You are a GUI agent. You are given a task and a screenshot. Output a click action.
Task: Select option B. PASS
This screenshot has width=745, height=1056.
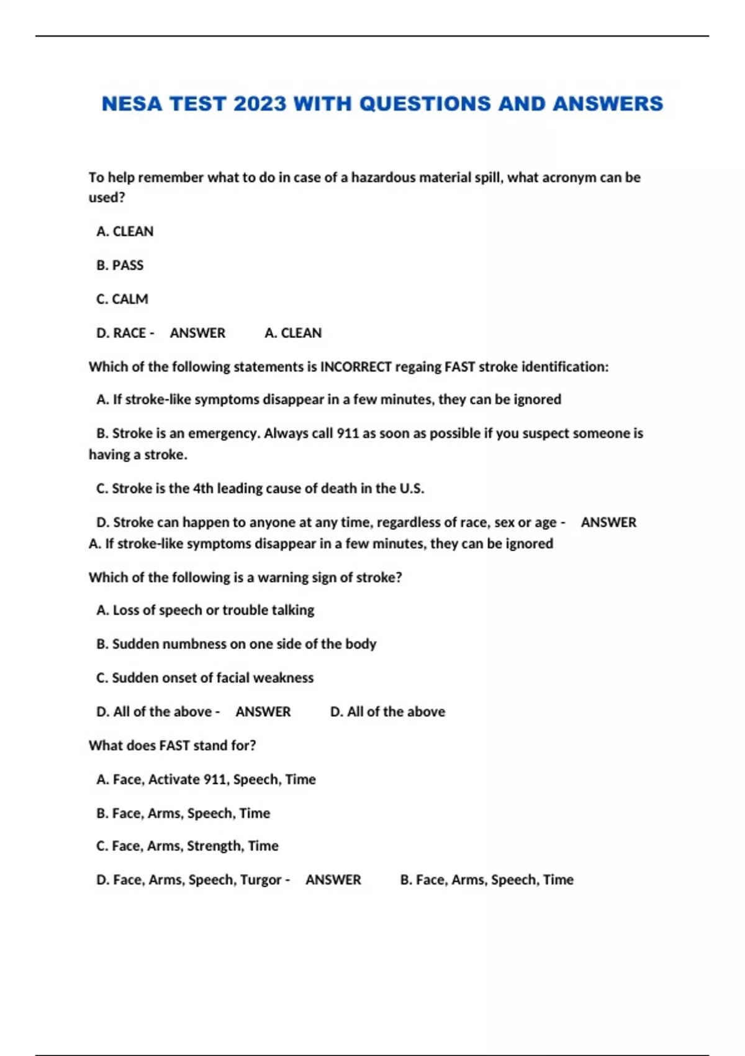click(x=120, y=265)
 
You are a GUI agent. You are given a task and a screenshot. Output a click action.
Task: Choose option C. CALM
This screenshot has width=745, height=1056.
click(x=122, y=299)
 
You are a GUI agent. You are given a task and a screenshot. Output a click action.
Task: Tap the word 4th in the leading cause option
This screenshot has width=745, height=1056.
click(x=203, y=489)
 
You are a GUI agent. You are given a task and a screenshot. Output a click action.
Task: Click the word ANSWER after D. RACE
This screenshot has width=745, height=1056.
click(x=197, y=334)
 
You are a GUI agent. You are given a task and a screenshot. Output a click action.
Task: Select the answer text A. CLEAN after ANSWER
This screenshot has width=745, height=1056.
click(x=293, y=334)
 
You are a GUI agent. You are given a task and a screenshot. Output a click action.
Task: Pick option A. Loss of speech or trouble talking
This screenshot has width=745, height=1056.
click(x=205, y=611)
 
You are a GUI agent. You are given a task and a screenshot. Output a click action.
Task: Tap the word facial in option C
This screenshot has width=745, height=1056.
click(x=227, y=678)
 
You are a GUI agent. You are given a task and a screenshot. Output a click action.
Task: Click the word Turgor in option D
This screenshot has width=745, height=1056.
click(x=261, y=880)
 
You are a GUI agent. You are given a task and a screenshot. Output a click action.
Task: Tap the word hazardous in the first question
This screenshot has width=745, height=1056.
click(x=383, y=178)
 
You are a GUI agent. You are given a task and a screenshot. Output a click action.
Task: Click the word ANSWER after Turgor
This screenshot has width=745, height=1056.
click(x=333, y=880)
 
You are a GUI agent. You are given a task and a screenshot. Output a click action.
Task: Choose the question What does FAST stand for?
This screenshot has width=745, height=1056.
click(x=173, y=745)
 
